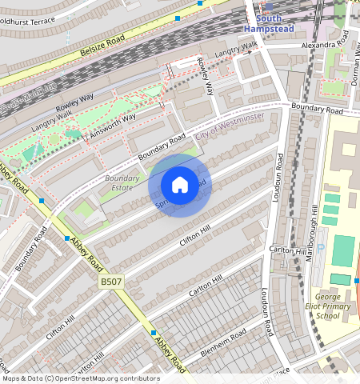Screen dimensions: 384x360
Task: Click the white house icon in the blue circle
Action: [x=180, y=185]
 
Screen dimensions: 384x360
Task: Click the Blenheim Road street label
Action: [x=228, y=335]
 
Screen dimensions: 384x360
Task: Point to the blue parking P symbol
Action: [x=322, y=250]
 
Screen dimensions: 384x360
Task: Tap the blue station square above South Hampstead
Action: [x=268, y=5]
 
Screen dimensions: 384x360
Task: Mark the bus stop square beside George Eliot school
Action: [x=357, y=280]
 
